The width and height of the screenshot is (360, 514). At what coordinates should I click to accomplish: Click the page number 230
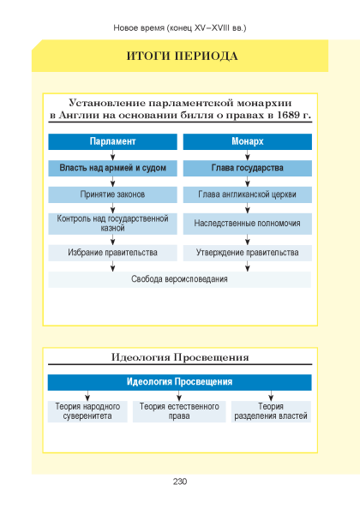click(x=180, y=481)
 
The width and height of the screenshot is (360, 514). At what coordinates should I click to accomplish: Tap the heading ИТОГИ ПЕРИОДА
click(x=182, y=56)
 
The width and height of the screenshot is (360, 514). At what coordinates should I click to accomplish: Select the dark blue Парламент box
click(x=112, y=141)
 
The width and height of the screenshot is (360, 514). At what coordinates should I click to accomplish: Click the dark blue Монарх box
click(x=247, y=141)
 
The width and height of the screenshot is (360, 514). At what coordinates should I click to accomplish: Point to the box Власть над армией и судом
click(x=112, y=168)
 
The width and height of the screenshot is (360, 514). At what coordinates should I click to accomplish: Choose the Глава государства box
click(x=247, y=168)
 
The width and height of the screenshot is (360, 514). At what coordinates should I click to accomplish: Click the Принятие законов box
click(x=112, y=194)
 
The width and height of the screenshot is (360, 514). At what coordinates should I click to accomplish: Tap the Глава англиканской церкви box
click(x=247, y=194)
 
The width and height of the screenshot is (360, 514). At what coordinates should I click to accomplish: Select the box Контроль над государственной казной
click(x=112, y=224)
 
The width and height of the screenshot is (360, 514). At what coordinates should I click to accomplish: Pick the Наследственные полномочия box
click(x=247, y=224)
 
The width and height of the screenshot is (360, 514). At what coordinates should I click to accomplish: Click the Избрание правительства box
click(x=112, y=253)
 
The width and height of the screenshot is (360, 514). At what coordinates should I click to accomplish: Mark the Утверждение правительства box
click(x=247, y=253)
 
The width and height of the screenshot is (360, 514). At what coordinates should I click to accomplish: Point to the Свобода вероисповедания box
click(x=180, y=279)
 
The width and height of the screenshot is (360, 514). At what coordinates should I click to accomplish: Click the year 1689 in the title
click(x=289, y=115)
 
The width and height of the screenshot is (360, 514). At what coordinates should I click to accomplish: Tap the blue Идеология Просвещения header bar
click(x=180, y=382)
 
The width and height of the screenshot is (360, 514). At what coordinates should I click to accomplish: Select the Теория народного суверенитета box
click(x=87, y=411)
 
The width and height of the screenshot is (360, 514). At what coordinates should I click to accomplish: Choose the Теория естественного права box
click(x=179, y=411)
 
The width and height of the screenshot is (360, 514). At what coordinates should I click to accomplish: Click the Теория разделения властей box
click(x=271, y=411)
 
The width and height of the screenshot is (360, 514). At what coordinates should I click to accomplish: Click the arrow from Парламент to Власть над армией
click(x=112, y=155)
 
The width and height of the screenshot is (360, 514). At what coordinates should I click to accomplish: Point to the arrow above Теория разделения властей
click(x=271, y=396)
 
